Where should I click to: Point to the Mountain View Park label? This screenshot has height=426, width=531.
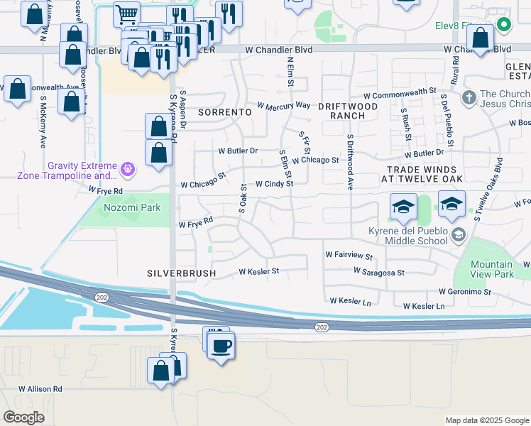[x=492, y=269]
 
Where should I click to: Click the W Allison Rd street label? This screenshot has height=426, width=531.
[x=40, y=389]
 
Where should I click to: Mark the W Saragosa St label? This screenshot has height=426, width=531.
[x=379, y=272]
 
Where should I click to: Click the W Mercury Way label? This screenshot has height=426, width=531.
[x=284, y=105]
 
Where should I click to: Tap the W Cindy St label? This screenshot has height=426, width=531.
[x=274, y=184]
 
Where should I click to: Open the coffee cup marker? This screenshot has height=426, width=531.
[x=222, y=346]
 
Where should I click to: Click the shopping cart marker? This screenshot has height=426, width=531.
[x=126, y=13]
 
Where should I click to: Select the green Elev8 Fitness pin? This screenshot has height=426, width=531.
[x=504, y=25]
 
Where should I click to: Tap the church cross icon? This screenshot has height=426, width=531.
[x=469, y=97]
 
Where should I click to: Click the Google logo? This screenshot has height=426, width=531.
[x=24, y=417]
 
